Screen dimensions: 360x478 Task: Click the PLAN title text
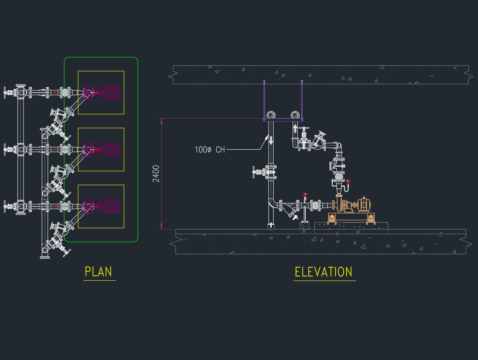(98, 272)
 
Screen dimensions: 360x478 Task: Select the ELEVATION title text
(324, 272)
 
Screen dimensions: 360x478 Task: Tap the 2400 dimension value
(156, 174)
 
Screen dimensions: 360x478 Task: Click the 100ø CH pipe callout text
(210, 150)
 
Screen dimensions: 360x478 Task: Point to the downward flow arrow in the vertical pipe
(271, 140)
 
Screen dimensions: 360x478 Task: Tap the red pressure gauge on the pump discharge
(348, 181)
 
